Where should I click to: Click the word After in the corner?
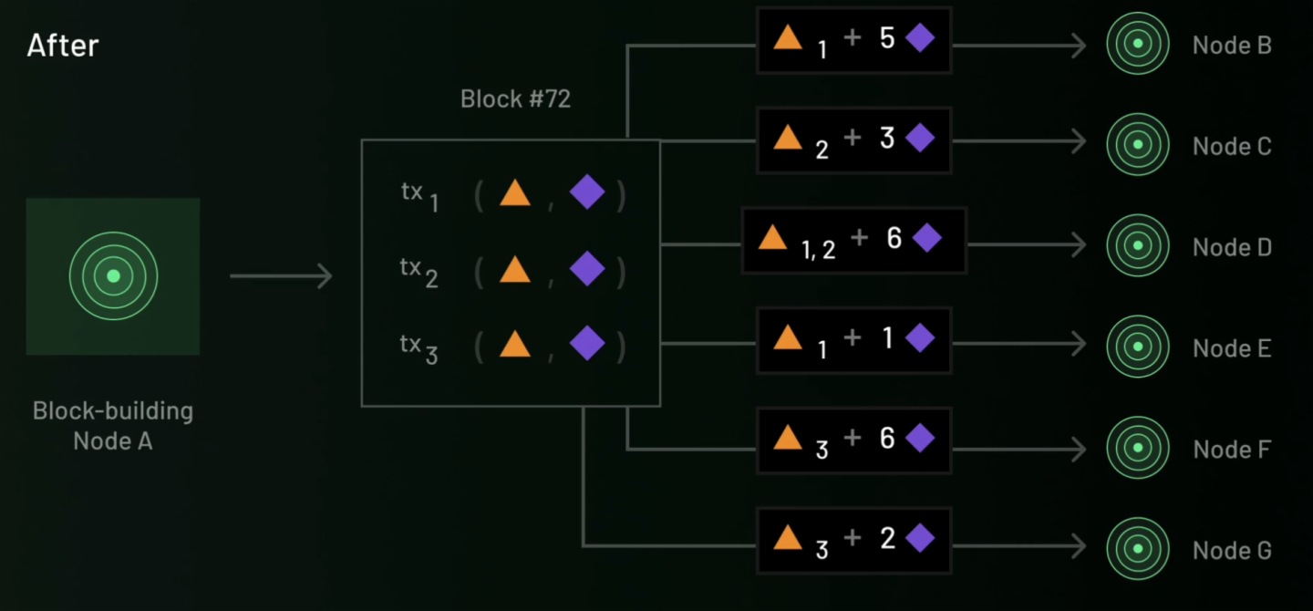click(x=63, y=45)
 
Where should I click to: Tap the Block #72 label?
click(x=515, y=98)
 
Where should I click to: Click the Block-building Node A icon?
click(x=113, y=275)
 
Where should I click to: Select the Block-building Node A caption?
click(x=113, y=425)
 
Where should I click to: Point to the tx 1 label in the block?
click(x=419, y=195)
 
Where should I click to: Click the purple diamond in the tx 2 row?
click(x=586, y=269)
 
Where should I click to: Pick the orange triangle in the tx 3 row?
click(x=515, y=345)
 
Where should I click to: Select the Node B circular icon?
click(x=1136, y=43)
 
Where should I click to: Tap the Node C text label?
click(x=1231, y=146)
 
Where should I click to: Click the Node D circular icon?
click(x=1136, y=245)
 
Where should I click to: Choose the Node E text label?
click(x=1231, y=348)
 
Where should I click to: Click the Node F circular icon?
click(x=1136, y=448)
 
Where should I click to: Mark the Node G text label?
click(x=1231, y=551)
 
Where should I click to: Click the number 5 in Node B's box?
click(x=887, y=38)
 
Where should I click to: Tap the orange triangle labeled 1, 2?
click(x=772, y=238)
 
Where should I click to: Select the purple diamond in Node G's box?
click(x=919, y=538)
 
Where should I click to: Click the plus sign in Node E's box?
click(x=853, y=338)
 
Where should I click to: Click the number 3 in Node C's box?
click(x=887, y=139)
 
